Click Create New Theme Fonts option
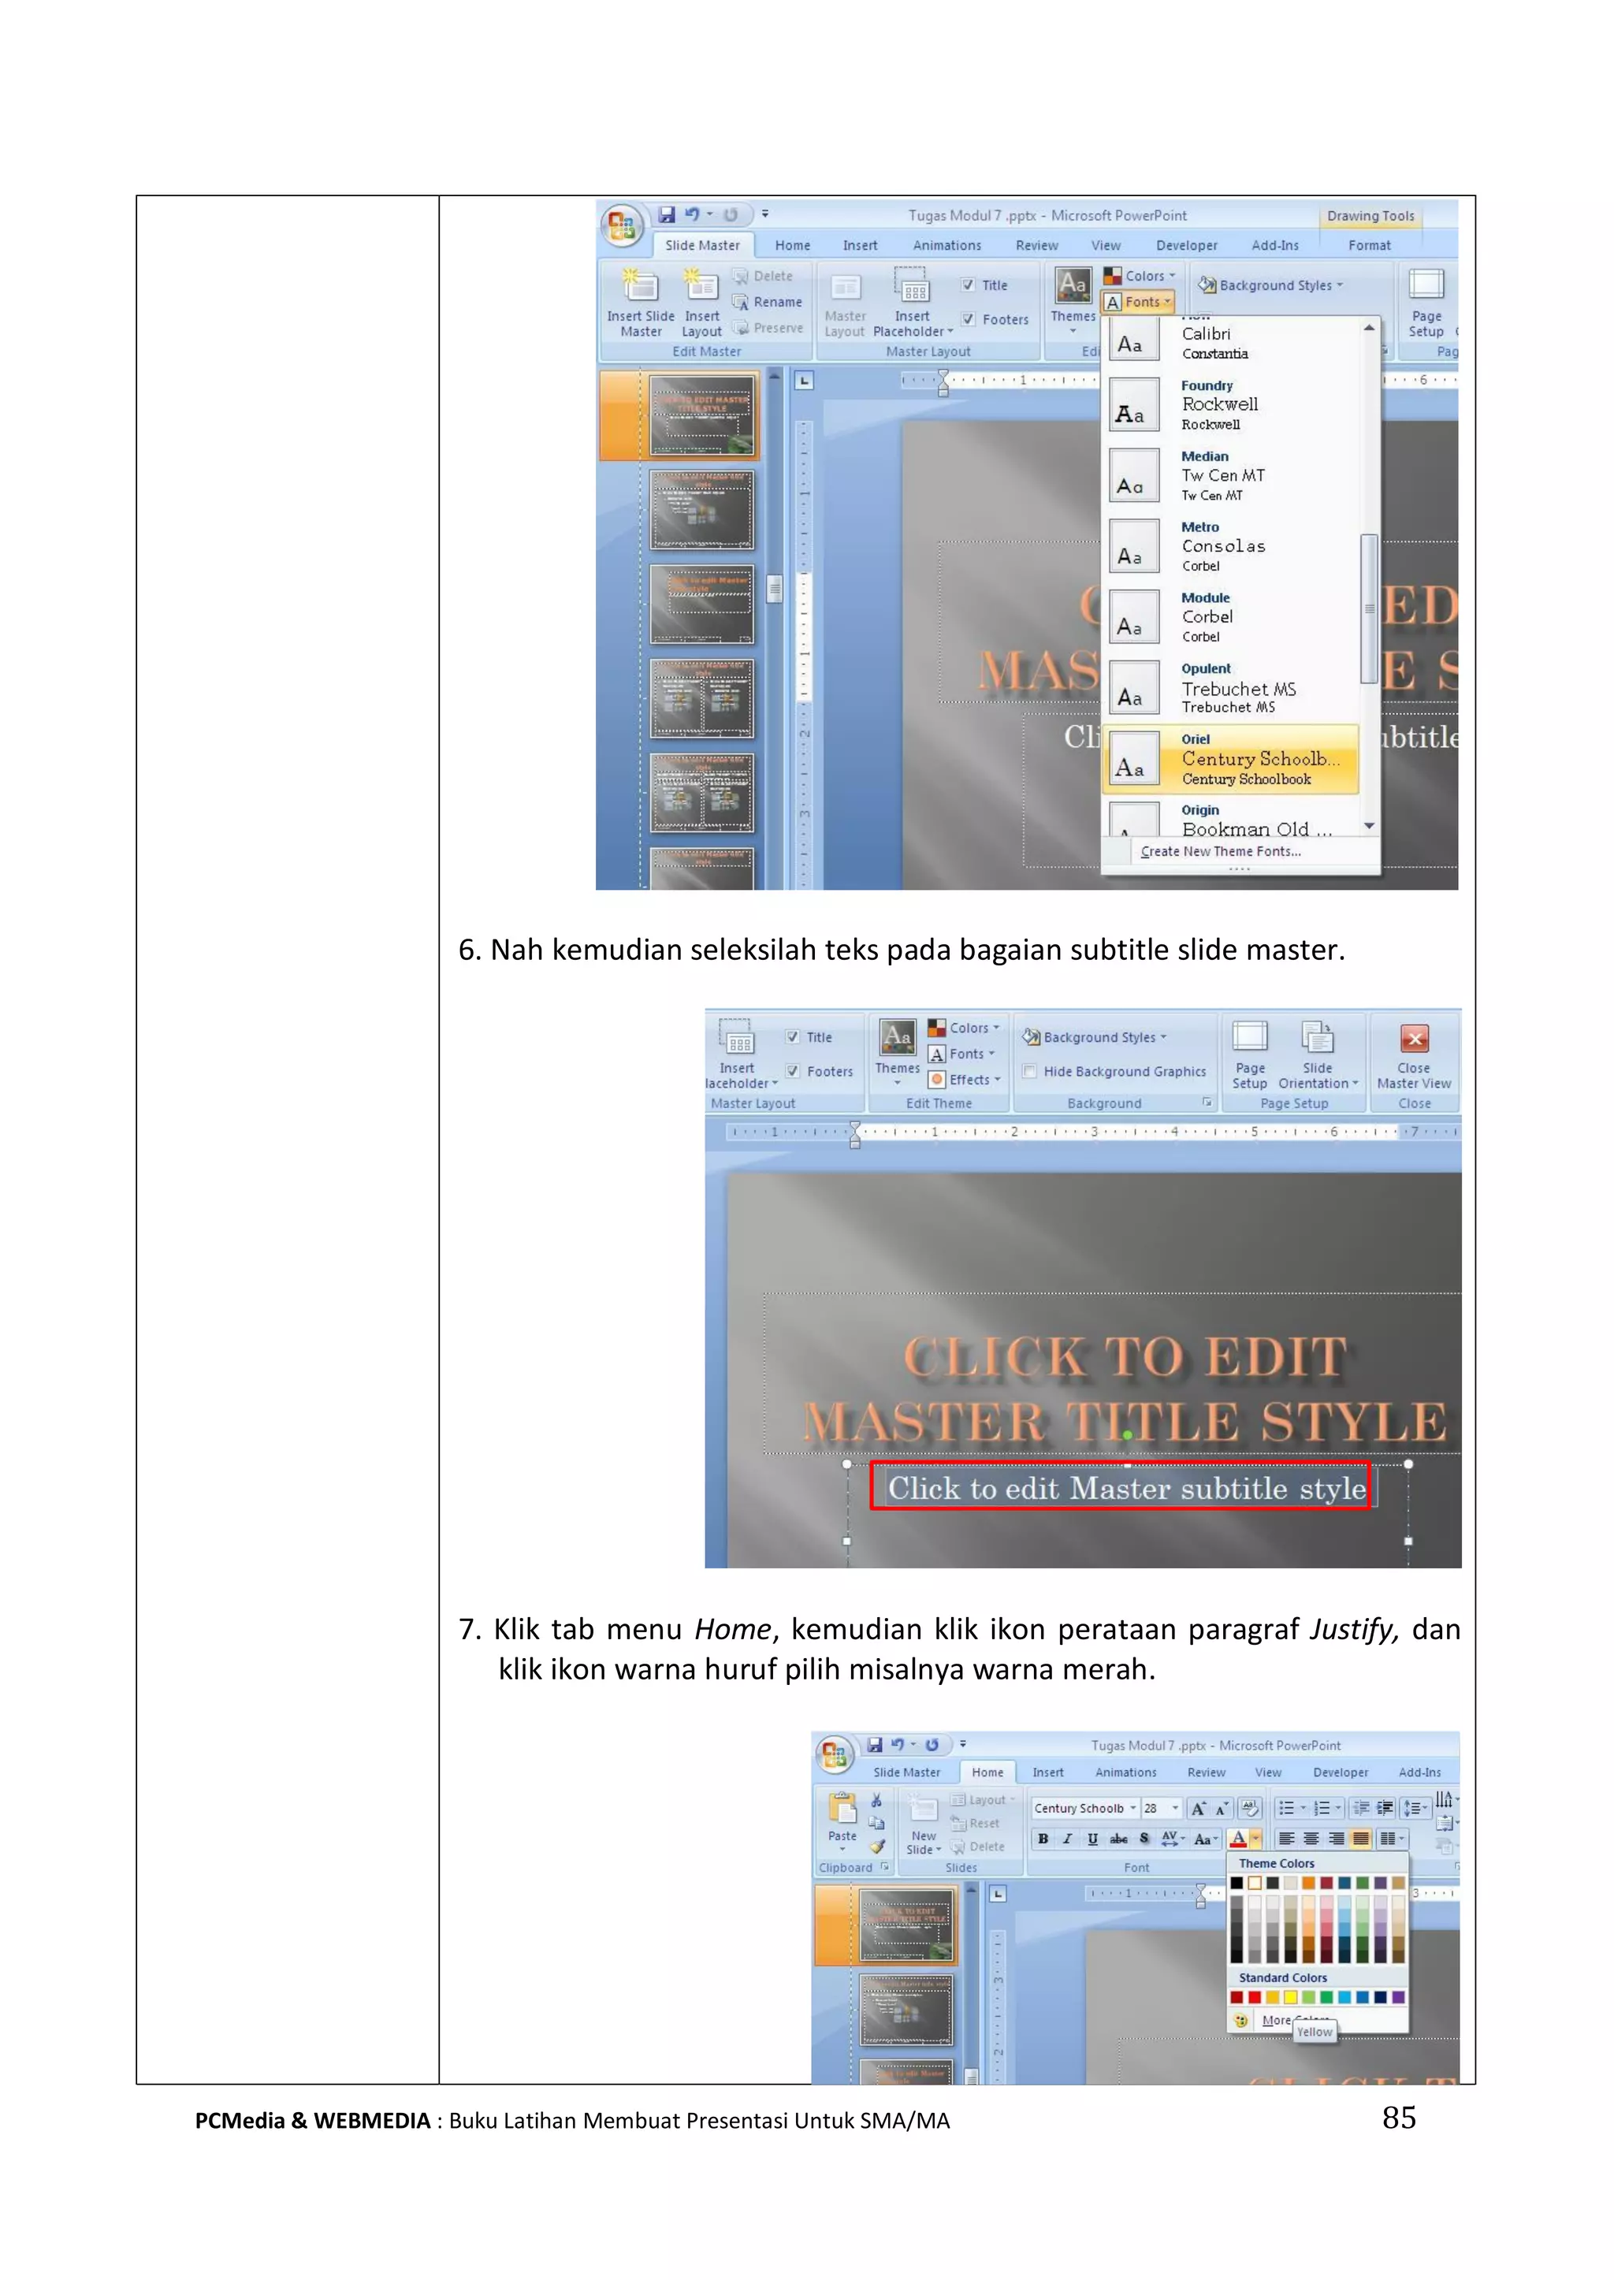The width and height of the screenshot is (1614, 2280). click(1221, 852)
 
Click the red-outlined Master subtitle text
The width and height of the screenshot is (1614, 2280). click(1125, 1488)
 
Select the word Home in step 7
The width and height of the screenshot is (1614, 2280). click(731, 1630)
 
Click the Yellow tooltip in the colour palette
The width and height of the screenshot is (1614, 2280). click(1314, 2033)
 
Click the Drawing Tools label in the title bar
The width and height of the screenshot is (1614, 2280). click(1370, 216)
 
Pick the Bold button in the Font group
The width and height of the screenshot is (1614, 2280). click(1043, 1839)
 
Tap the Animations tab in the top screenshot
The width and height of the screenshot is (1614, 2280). click(946, 245)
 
